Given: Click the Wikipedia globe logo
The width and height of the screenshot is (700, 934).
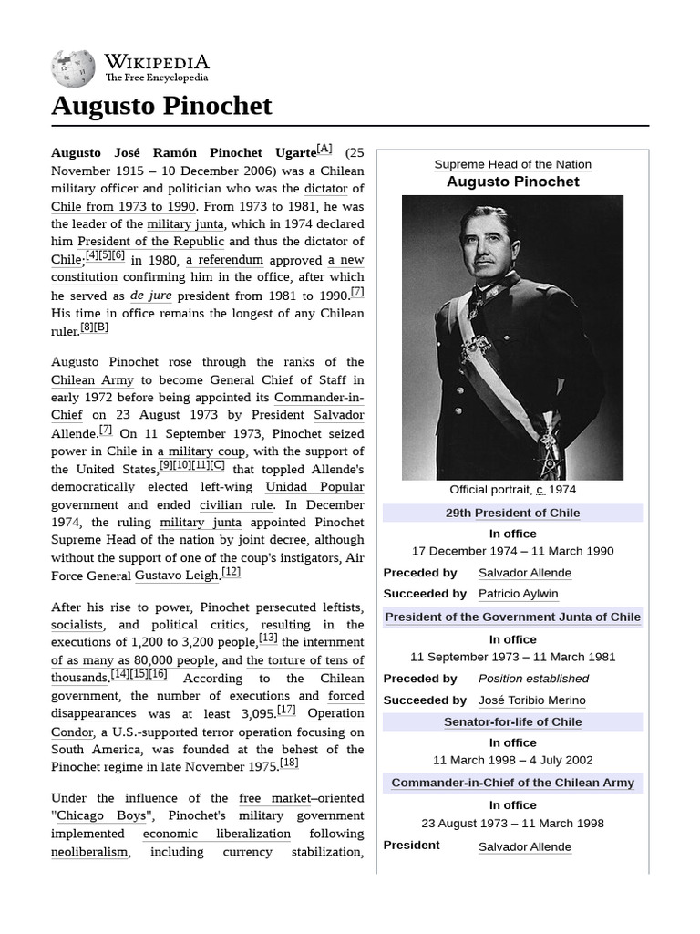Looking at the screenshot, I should coord(74,68).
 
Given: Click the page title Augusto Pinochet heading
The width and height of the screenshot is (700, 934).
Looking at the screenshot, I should coord(161,106).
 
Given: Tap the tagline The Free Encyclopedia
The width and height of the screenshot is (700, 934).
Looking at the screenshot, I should coord(156,78).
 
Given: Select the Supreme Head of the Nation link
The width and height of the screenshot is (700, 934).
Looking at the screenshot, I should coord(512,164).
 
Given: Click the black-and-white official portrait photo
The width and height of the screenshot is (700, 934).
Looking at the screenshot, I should coord(512,337).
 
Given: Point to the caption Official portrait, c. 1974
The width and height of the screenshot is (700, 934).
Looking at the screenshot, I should coord(512,490).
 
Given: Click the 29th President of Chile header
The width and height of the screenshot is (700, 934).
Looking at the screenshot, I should coord(512,513).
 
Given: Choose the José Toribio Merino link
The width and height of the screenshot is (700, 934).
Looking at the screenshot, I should coord(531,700).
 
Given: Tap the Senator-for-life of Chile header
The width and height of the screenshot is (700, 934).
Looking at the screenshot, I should coord(512,721).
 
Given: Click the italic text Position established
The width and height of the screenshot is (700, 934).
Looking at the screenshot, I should coord(533,679).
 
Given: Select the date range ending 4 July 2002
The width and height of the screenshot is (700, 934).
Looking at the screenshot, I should coord(512,760).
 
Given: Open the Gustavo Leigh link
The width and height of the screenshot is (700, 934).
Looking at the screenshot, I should coord(177,576).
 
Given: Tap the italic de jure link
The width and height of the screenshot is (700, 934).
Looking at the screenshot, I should coord(150,296).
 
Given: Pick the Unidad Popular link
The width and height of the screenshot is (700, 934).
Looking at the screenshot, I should coord(314,487).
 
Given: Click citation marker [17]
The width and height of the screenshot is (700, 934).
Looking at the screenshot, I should coord(286,710).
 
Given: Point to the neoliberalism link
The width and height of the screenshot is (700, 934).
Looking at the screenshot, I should coord(89,852).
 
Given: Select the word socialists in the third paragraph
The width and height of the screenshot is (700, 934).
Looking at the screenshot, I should coord(77,625).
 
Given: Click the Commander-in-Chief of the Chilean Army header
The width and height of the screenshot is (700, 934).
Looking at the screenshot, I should coord(512,783).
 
